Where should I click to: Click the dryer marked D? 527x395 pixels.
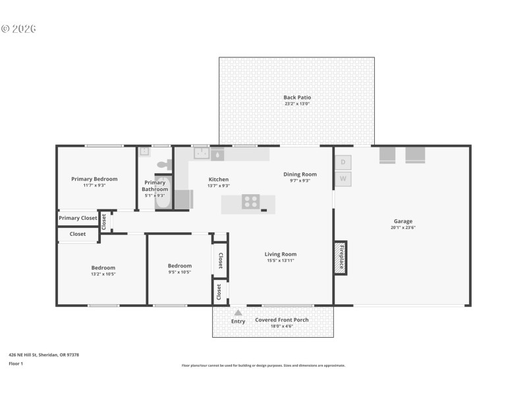[343, 162]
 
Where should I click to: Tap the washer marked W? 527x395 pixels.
[343, 178]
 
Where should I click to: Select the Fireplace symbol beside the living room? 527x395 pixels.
[341, 258]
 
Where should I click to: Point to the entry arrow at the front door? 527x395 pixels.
[238, 313]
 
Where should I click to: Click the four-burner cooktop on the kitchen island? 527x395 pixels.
[250, 202]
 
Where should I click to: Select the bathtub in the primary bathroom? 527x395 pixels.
[163, 193]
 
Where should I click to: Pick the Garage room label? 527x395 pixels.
[403, 221]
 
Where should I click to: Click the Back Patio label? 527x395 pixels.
[297, 97]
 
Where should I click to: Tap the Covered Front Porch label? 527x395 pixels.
[282, 320]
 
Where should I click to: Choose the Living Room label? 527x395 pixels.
[281, 254]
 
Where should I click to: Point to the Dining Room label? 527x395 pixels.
[300, 174]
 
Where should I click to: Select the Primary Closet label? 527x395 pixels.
[78, 218]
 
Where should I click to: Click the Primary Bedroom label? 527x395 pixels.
[94, 179]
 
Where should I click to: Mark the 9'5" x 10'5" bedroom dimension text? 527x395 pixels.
[179, 272]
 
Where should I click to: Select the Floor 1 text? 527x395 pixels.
[16, 363]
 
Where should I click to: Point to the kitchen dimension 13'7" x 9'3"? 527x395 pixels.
[219, 186]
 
